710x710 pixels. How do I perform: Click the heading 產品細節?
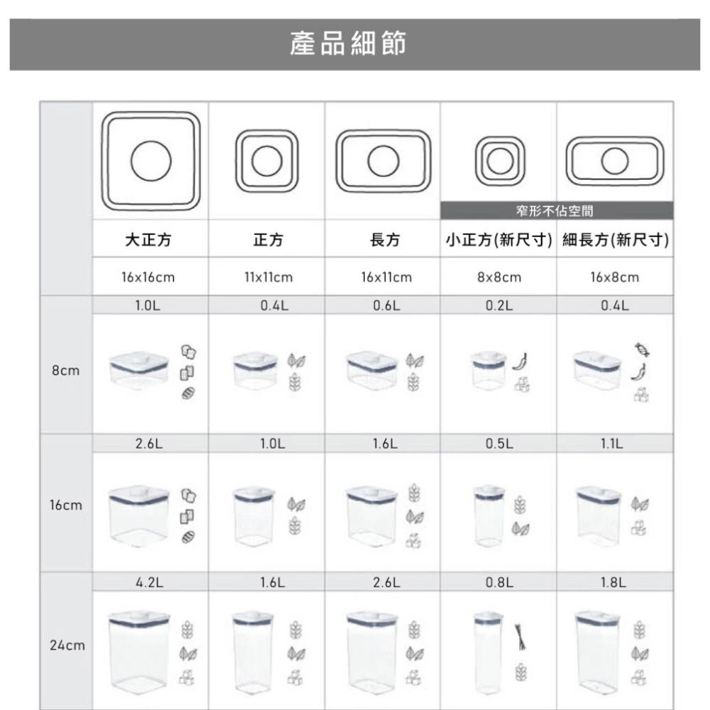(x=348, y=44)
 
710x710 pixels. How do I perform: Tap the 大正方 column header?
(x=148, y=239)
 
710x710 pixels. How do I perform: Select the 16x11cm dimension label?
(x=386, y=277)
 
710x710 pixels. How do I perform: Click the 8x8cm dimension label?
(x=499, y=277)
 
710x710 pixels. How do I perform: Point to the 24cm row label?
(x=67, y=645)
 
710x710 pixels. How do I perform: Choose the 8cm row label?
(x=65, y=371)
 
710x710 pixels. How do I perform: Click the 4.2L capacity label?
(x=149, y=582)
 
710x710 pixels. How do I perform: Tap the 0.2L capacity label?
(x=499, y=305)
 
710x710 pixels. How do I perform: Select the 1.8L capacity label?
(x=613, y=582)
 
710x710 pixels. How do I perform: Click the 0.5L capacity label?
(x=499, y=444)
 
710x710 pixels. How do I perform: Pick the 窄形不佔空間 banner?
(x=557, y=211)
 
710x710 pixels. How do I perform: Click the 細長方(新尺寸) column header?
(x=616, y=239)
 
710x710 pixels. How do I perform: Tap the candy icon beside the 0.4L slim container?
(x=642, y=350)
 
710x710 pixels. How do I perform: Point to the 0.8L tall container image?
(x=488, y=652)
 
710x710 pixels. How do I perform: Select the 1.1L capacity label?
(x=612, y=444)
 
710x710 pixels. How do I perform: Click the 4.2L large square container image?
(x=139, y=652)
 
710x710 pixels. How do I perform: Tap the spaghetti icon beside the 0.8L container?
(x=520, y=637)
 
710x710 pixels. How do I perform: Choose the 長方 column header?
(x=385, y=239)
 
